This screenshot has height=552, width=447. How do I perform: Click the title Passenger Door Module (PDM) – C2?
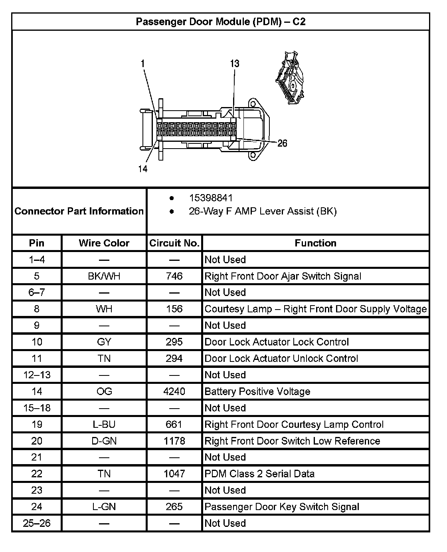coord(221,22)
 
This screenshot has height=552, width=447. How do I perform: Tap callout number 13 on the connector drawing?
coord(235,64)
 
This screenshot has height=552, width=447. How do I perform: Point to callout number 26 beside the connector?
coord(282,143)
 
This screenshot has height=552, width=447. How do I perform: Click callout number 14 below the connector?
coord(143,169)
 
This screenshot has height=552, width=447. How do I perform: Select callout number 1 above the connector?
coord(143,64)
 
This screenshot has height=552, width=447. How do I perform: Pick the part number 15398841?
coord(211,198)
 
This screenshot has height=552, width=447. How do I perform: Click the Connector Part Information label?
coord(79,211)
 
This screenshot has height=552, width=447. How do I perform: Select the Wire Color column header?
coord(104,243)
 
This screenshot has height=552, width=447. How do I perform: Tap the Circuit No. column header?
coord(174,243)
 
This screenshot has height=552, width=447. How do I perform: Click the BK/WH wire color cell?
coord(104,276)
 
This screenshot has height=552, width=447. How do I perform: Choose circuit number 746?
coord(174,276)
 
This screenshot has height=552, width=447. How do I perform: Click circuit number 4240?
coord(174,391)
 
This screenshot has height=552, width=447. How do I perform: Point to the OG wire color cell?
coord(104,391)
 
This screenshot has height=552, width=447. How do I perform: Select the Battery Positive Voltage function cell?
coord(257,391)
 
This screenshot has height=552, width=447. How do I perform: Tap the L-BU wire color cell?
coord(104,424)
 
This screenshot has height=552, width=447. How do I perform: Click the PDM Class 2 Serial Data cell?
coord(259,474)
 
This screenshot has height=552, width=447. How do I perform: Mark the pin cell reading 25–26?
coord(37,523)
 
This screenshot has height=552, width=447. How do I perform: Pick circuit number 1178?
coord(174,441)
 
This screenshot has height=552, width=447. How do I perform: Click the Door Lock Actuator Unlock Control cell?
coord(281,358)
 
